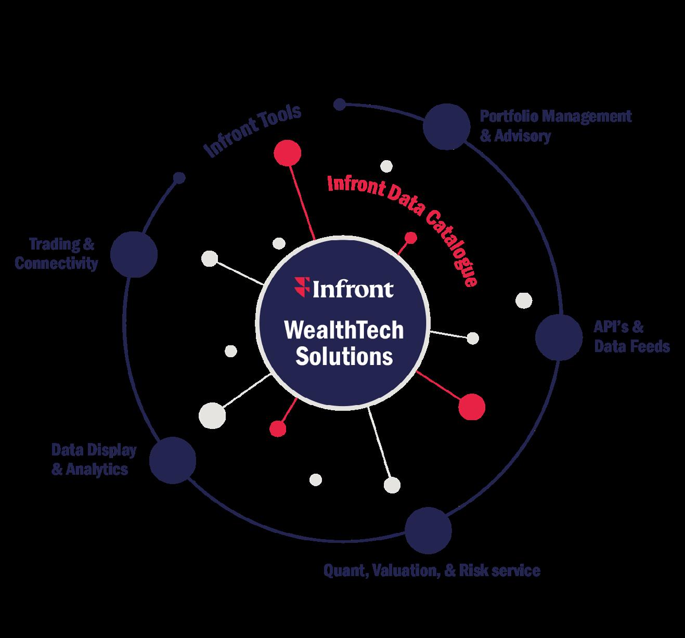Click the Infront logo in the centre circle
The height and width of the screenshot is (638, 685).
(344, 288)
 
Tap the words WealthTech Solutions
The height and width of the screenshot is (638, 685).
(344, 343)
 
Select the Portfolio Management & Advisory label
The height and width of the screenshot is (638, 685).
(555, 125)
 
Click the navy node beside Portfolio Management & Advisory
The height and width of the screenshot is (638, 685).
(446, 126)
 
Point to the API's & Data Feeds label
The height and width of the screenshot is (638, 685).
(631, 336)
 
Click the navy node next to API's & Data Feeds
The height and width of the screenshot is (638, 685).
(559, 336)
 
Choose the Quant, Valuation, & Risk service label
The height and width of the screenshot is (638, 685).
(432, 570)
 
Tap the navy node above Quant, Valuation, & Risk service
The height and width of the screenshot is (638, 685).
(428, 530)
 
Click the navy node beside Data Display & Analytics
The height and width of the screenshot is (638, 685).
(173, 460)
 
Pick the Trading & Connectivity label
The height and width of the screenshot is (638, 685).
(56, 254)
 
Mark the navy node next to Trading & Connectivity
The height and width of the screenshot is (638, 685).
(134, 254)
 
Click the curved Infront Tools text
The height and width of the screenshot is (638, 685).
(253, 131)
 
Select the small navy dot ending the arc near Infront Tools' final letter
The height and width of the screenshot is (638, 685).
(340, 105)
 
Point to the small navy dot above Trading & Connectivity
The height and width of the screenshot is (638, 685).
(179, 178)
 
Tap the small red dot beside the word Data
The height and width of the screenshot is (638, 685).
(411, 238)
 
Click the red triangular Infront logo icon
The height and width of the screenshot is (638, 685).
(302, 286)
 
